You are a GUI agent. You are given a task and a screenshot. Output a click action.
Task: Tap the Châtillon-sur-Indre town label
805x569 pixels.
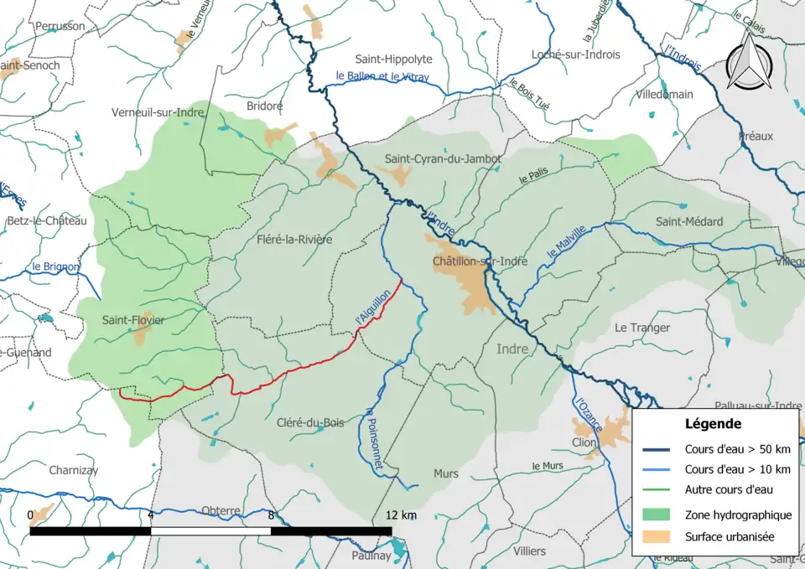point(480,261)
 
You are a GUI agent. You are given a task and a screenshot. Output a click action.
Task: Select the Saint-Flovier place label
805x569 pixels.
point(133,319)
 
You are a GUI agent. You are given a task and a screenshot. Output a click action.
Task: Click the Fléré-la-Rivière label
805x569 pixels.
point(294,240)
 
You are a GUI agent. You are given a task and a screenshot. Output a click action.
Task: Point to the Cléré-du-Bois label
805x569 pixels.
point(312,422)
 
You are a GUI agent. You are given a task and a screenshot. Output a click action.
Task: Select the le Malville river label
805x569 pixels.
point(566,243)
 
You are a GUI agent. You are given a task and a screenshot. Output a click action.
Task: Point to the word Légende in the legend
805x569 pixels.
point(713,423)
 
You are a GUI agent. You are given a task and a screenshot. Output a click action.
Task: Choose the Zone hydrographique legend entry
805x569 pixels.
point(737,515)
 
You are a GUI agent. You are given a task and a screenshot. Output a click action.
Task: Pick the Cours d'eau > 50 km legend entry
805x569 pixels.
point(736,449)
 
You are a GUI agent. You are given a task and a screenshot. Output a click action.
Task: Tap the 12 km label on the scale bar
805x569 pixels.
point(401,515)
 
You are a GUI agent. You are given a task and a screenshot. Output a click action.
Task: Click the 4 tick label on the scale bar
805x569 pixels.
point(151,515)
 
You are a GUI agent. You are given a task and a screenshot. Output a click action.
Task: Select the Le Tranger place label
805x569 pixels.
point(641,328)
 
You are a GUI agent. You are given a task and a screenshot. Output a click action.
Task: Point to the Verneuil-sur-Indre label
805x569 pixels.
point(158,111)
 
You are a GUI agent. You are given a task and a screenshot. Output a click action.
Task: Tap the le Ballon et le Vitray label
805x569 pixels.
point(382,77)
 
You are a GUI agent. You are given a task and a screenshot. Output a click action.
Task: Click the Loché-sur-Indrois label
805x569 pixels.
point(575,54)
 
